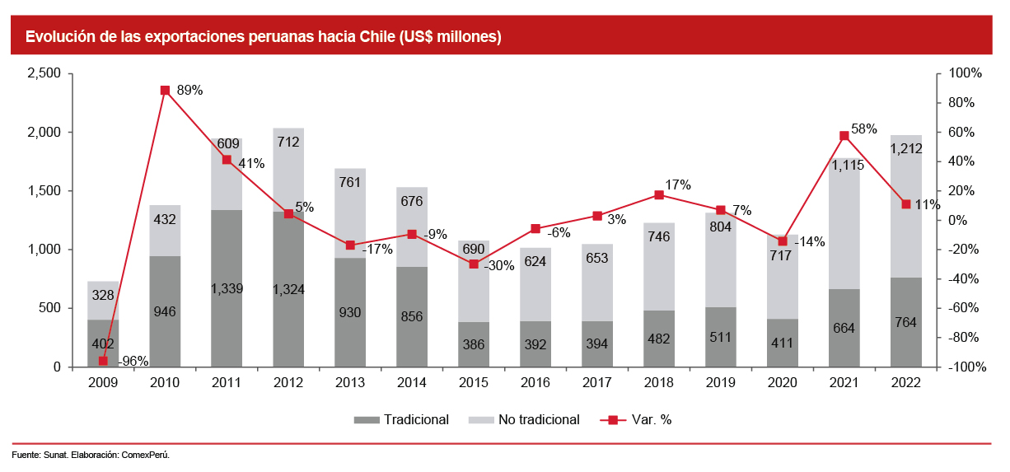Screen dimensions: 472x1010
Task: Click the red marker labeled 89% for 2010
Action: point(165,90)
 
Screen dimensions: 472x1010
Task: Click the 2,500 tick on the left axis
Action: point(44,73)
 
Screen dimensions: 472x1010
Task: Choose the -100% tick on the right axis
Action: point(966,367)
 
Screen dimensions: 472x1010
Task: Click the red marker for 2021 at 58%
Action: point(844,135)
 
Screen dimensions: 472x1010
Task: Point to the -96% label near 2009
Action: point(133,361)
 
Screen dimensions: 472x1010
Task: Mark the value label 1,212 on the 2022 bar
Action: point(905,149)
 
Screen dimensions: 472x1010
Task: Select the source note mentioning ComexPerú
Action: point(91,455)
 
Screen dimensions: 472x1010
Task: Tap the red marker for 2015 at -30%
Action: point(474,264)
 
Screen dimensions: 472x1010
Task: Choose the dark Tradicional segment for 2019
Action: point(721,338)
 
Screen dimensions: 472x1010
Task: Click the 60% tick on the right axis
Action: point(962,132)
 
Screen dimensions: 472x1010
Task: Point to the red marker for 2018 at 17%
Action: point(659,195)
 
